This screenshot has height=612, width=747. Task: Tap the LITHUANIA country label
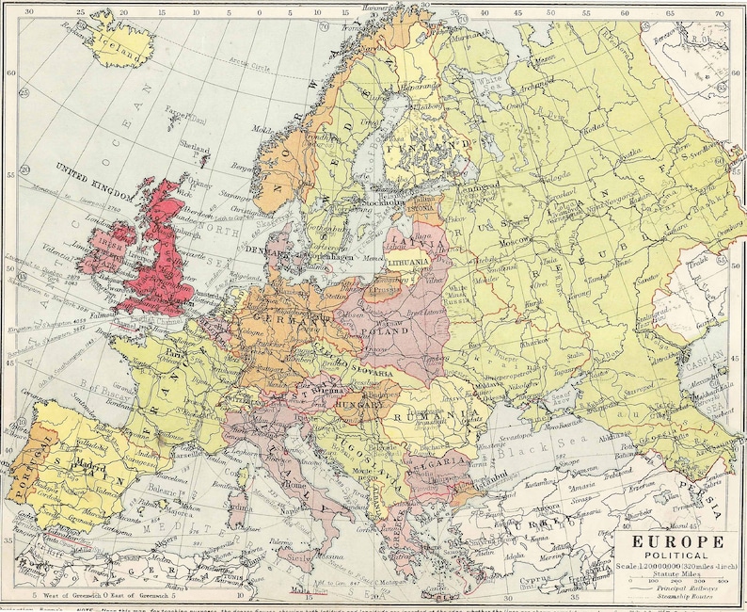pyautogui.click(x=409, y=263)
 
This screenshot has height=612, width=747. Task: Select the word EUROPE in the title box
pyautogui.click(x=671, y=542)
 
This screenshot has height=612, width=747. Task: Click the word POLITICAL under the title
pyautogui.click(x=670, y=557)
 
